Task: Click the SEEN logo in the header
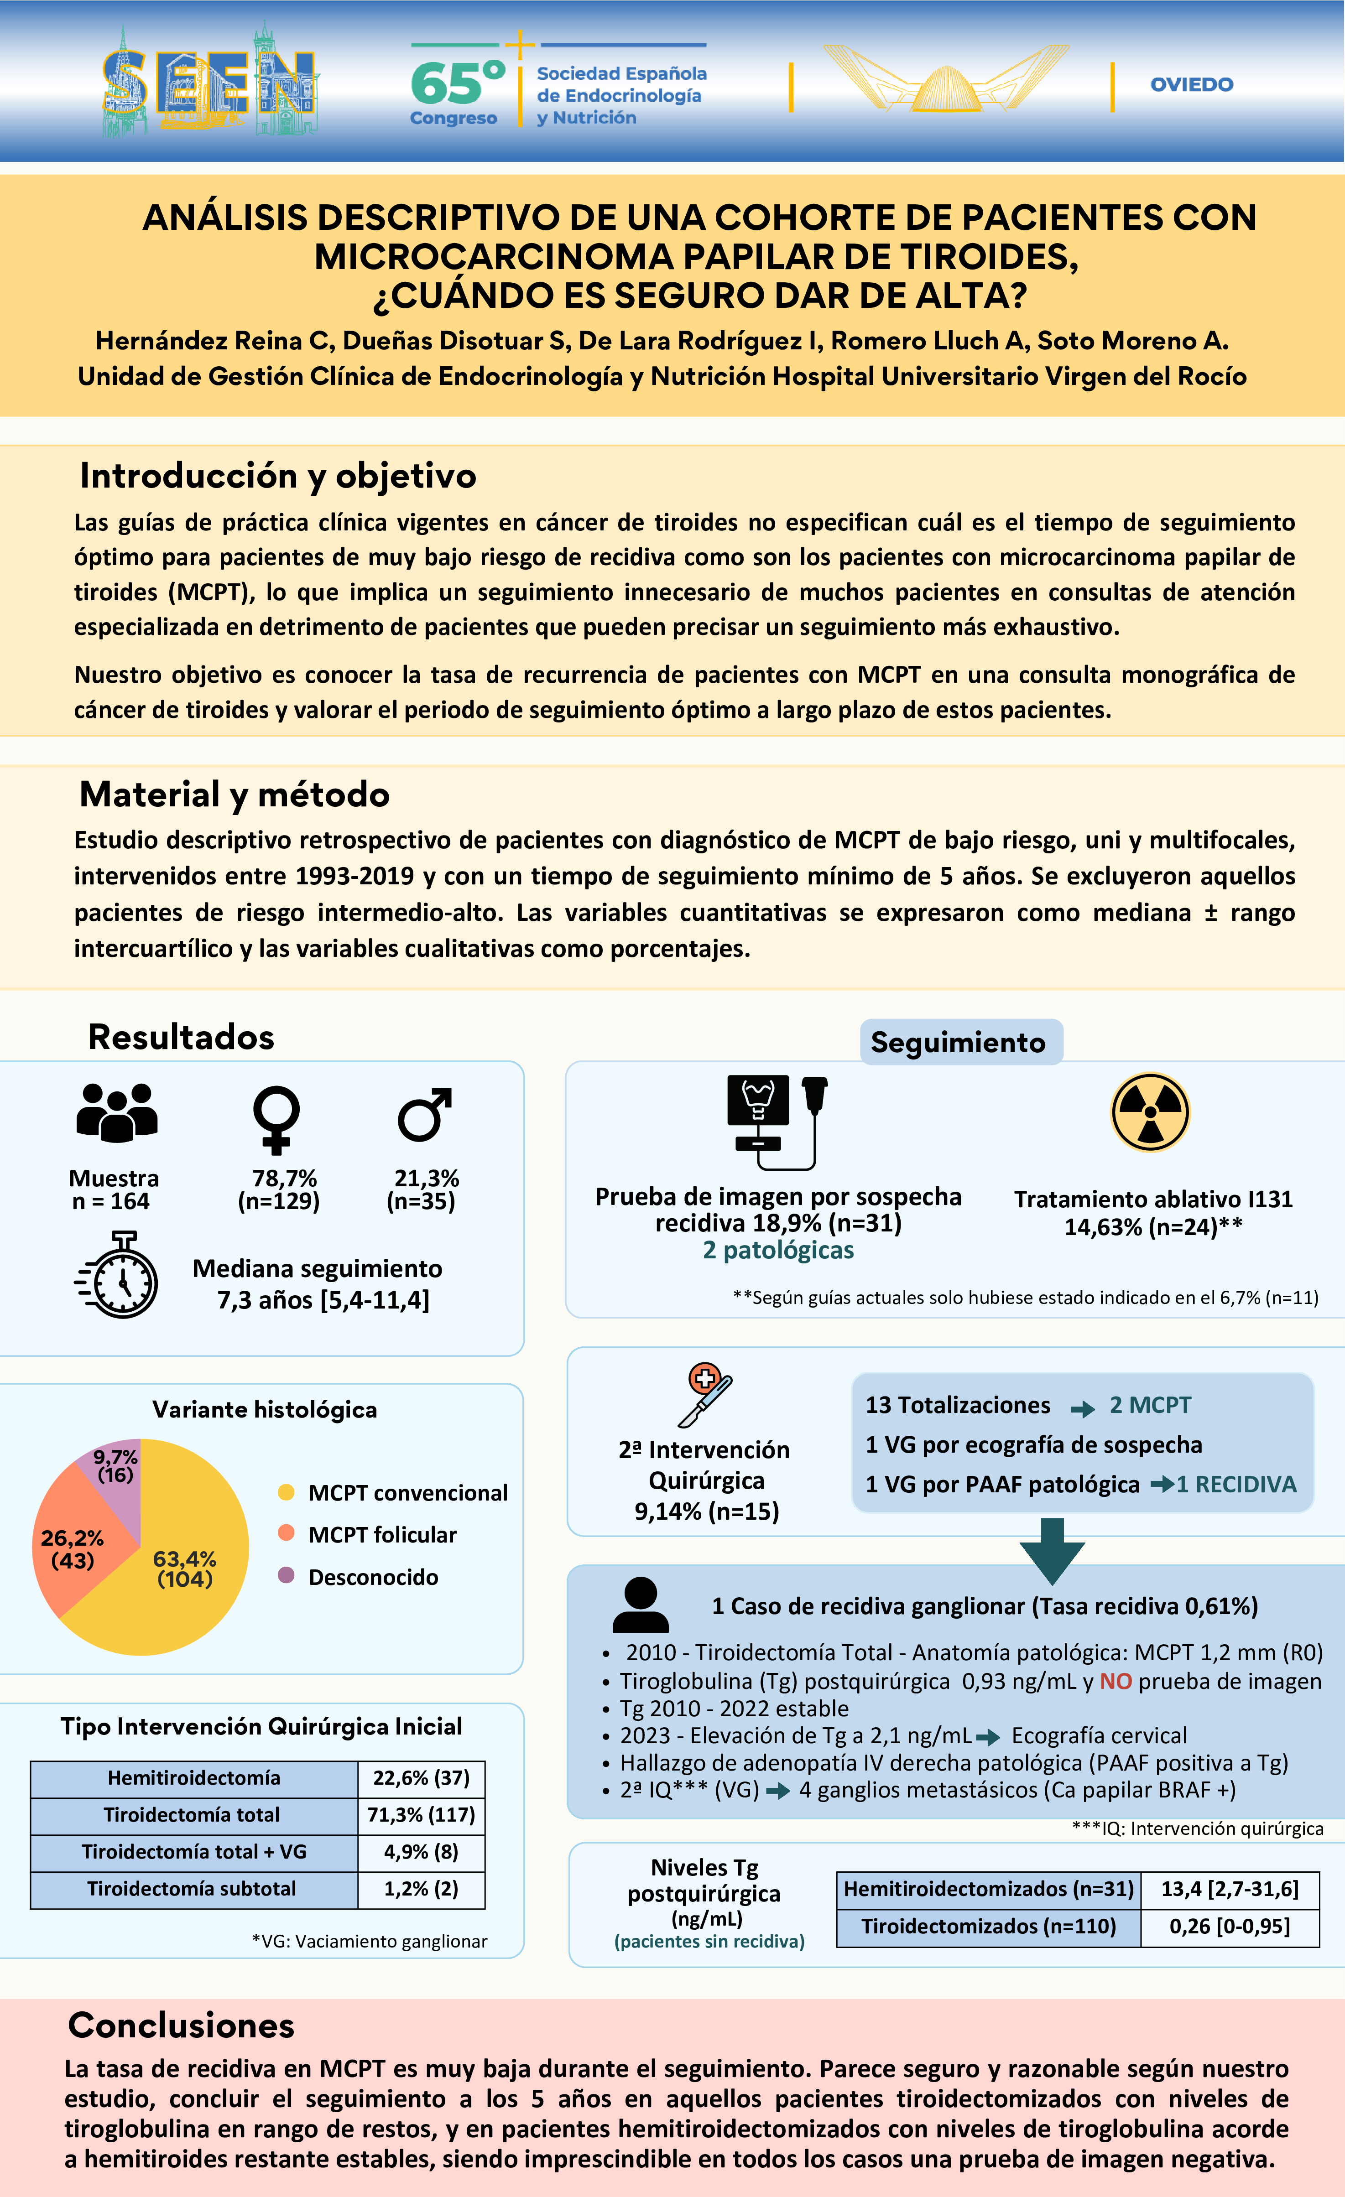[x=210, y=82]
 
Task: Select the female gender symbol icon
[x=276, y=1118]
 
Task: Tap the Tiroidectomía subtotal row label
[x=193, y=1889]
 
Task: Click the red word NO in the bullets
[x=1115, y=1681]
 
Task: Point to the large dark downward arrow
[x=1053, y=1550]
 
